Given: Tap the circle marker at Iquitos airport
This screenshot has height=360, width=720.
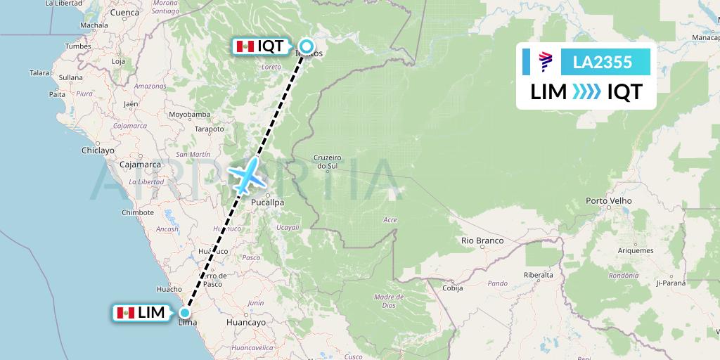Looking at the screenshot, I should (306, 47).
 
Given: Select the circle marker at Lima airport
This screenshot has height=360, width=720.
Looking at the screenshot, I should (185, 313).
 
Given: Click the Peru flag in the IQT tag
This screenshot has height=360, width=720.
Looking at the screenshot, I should (245, 47).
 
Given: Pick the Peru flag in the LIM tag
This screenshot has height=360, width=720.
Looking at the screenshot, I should (126, 313).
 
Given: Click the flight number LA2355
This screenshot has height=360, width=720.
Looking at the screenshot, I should (603, 62).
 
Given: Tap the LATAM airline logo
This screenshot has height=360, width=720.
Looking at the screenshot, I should (546, 62).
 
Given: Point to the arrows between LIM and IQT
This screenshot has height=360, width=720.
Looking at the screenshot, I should (586, 92).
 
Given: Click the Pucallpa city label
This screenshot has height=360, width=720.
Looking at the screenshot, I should (268, 202).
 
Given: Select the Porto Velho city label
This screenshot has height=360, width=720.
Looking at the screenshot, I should (608, 201).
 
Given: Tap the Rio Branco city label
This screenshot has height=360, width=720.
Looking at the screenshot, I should (482, 240).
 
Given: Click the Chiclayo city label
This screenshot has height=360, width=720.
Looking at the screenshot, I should (98, 150).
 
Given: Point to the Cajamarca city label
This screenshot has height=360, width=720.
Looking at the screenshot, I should (141, 165).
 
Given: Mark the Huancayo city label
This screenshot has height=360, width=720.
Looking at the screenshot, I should (246, 322).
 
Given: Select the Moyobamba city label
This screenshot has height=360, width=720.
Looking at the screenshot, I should (189, 114).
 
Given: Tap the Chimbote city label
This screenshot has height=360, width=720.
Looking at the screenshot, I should (138, 212).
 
